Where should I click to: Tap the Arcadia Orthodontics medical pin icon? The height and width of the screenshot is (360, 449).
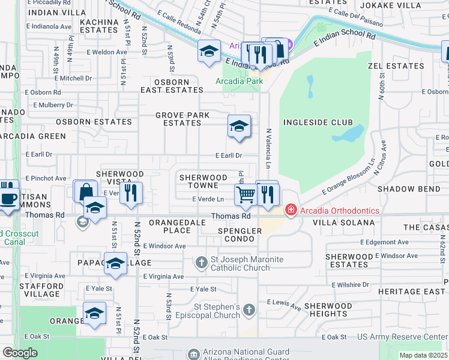coord(291,210)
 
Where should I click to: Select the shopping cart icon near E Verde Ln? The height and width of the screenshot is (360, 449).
coord(246,194)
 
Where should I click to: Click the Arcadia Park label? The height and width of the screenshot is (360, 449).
coord(240,81)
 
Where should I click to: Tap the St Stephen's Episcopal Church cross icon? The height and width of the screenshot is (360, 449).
coord(249,310)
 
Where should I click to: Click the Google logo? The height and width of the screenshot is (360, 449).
coord(20,353)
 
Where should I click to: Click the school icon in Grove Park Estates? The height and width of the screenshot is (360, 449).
coord(239,127)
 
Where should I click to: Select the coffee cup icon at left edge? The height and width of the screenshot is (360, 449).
coord(7,199)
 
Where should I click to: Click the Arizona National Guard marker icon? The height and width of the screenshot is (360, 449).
coord(193,353)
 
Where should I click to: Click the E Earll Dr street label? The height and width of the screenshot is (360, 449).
coord(229,155)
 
